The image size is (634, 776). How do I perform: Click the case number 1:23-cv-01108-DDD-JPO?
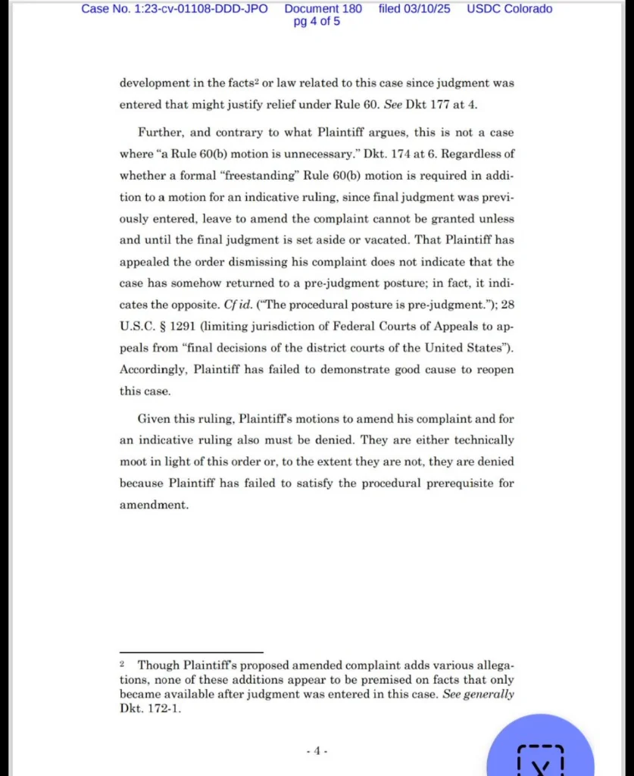[174, 9]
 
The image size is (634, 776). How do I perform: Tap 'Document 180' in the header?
[323, 9]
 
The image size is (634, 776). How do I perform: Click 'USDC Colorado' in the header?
[509, 9]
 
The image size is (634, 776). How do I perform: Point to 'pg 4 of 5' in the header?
[317, 21]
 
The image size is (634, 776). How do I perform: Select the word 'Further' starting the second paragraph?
[161, 133]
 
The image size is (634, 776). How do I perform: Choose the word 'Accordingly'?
[153, 370]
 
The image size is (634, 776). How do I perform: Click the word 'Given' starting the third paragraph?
[154, 418]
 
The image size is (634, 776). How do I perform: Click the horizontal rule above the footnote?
[191, 652]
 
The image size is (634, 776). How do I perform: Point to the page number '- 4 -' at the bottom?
[317, 751]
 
